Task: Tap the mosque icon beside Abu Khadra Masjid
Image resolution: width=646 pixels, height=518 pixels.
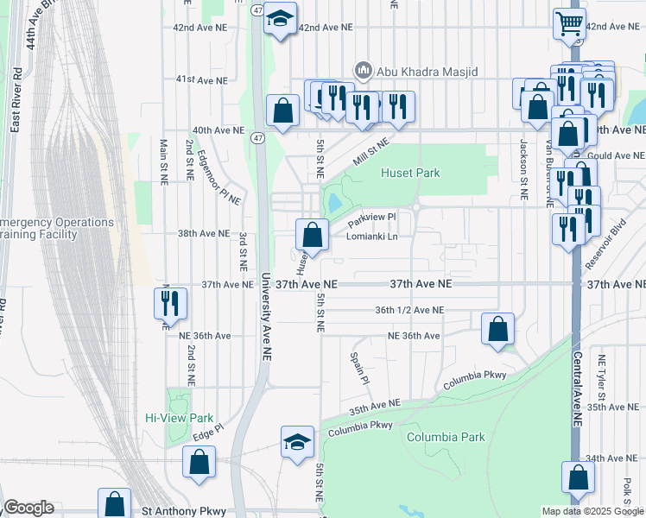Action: click(x=363, y=70)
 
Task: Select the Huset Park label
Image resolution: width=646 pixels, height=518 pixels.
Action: click(x=411, y=173)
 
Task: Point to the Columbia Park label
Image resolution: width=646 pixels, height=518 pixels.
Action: click(x=446, y=438)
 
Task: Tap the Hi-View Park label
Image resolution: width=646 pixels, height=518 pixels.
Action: click(x=179, y=418)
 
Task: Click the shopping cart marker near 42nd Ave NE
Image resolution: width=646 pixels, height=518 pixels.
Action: click(x=570, y=23)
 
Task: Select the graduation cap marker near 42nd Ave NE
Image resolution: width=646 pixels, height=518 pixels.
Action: click(x=280, y=17)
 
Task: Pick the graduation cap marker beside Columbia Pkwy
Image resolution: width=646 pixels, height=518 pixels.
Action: click(x=297, y=442)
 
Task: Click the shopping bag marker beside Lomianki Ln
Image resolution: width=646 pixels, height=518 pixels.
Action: click(x=313, y=234)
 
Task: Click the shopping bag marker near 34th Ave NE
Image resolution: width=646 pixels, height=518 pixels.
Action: click(x=578, y=477)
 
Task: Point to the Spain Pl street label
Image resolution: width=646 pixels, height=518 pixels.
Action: click(x=359, y=368)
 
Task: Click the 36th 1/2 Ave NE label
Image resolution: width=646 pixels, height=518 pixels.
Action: click(x=409, y=310)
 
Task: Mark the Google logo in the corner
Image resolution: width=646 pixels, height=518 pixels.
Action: click(x=28, y=508)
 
